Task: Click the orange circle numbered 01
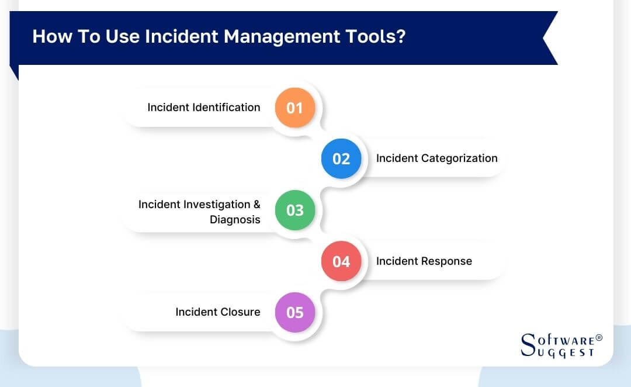295,108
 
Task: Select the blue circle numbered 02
341,158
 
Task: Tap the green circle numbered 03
295,210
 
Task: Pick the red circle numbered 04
341,261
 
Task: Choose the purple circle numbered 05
295,312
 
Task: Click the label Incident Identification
203,107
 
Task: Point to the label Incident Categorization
436,158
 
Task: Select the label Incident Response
424,261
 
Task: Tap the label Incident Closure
217,312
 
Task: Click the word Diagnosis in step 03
235,220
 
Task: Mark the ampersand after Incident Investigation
256,205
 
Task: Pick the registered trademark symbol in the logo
599,338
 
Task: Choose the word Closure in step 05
239,312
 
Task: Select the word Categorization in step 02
459,158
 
